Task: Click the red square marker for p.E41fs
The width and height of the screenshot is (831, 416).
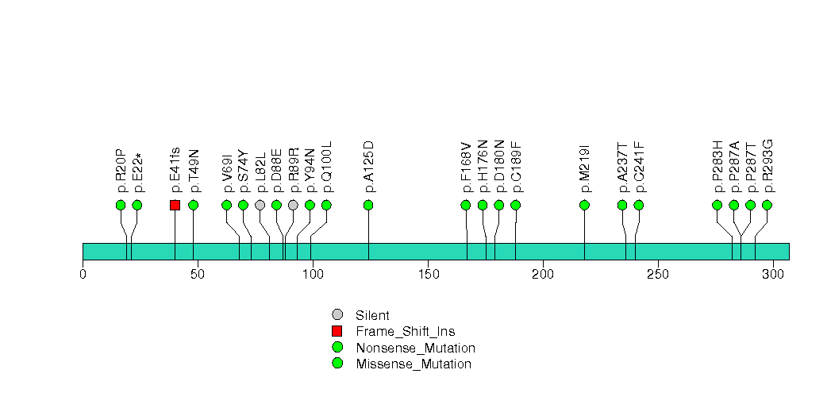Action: (x=175, y=205)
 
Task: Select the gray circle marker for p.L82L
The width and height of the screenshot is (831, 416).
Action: (x=260, y=205)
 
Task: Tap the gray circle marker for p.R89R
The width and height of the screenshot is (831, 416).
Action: (x=293, y=205)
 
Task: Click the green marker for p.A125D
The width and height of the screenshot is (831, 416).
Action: (x=368, y=205)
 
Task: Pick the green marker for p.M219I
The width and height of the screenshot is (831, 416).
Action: (x=585, y=205)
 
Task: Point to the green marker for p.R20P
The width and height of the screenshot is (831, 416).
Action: (x=121, y=205)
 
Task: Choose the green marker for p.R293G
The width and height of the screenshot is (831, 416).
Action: (x=767, y=205)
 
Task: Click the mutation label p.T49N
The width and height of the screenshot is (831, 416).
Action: (x=194, y=171)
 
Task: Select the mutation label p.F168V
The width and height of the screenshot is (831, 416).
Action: (x=466, y=168)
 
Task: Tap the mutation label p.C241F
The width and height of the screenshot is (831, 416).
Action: (x=639, y=168)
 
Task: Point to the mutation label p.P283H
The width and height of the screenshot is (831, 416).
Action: (x=717, y=167)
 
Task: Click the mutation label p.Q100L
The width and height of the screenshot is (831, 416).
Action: (x=326, y=167)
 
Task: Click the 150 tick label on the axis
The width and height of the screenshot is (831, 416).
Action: (x=429, y=274)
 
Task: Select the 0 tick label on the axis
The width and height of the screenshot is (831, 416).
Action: (x=83, y=274)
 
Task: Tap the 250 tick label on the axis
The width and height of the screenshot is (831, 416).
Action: (x=658, y=274)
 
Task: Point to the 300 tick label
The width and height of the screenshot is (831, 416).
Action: (x=773, y=274)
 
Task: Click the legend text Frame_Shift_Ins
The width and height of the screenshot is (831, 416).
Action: (x=406, y=332)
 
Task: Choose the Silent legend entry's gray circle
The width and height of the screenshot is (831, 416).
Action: (x=337, y=315)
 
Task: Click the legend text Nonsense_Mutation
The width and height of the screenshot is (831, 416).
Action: (x=416, y=349)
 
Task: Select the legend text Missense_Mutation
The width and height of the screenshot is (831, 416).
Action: (x=414, y=364)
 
